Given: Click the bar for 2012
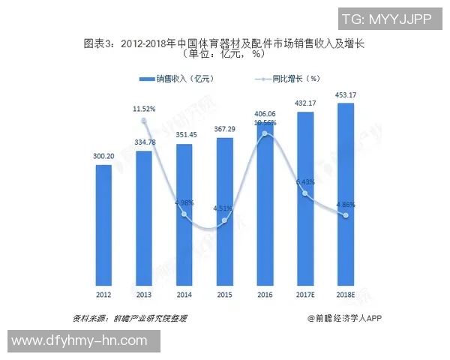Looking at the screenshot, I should (103, 222).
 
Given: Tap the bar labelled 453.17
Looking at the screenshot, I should (346, 191).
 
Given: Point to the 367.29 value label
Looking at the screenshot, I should (225, 129).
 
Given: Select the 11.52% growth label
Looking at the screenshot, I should (144, 109).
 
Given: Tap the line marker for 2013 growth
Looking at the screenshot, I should (144, 119).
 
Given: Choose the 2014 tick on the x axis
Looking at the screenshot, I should (184, 294).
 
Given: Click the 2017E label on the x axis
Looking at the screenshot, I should (306, 294).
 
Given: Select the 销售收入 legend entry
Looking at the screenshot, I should (175, 78).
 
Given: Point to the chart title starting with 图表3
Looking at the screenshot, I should (224, 43).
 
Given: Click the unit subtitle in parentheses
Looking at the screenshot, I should (224, 54).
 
